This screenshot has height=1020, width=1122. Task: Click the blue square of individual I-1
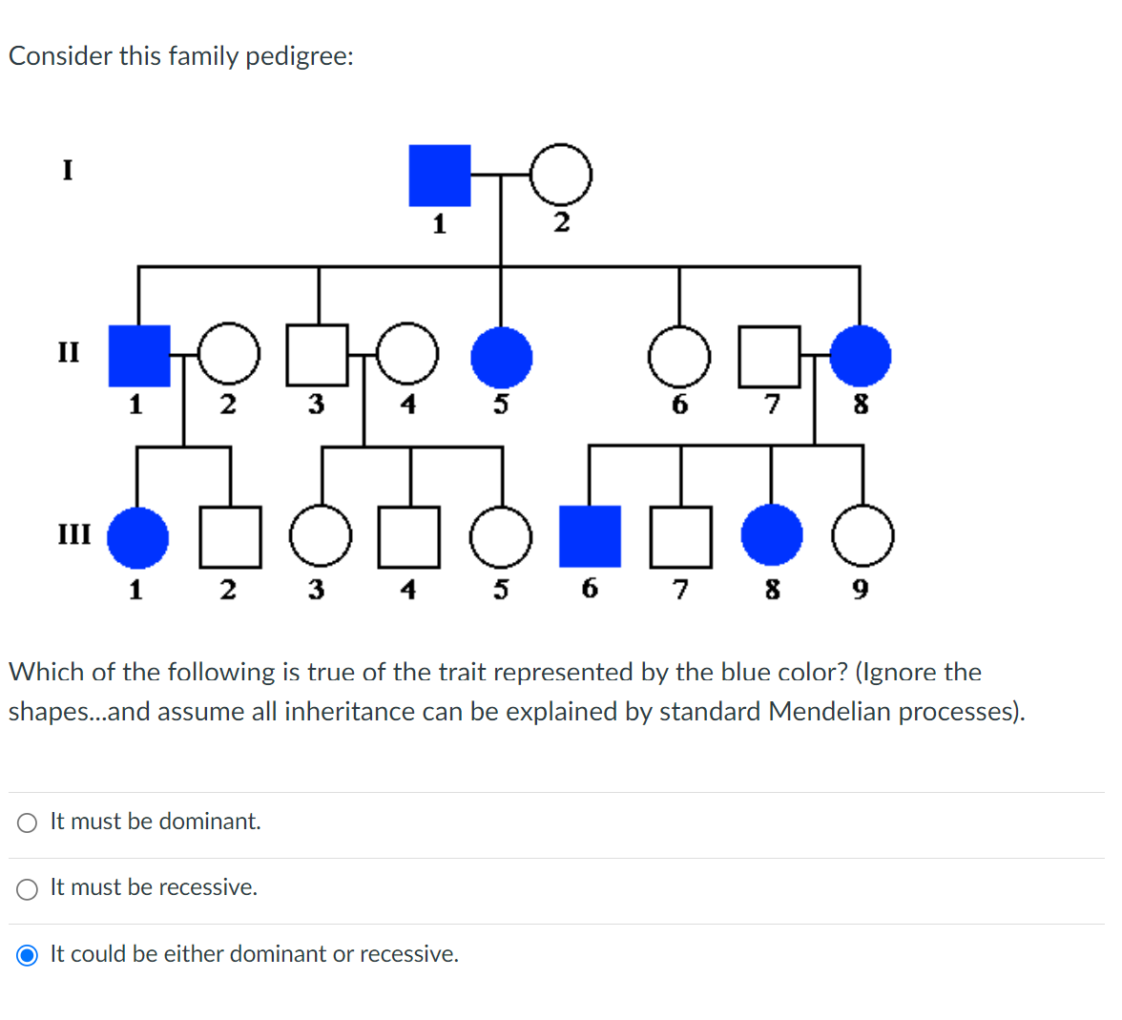click(x=439, y=176)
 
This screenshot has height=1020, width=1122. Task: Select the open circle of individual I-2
click(x=561, y=175)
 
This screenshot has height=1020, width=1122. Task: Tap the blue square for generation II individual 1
click(x=139, y=356)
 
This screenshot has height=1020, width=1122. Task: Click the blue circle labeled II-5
click(x=502, y=357)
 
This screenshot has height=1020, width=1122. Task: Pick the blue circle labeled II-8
click(x=860, y=356)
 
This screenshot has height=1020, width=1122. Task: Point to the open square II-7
click(x=769, y=357)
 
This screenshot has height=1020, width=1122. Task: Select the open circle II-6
click(x=679, y=357)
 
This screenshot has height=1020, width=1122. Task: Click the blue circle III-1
click(x=137, y=537)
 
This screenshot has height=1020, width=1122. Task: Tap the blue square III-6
click(x=590, y=536)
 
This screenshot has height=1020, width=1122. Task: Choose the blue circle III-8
click(x=772, y=535)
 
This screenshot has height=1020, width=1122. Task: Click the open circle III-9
click(x=862, y=536)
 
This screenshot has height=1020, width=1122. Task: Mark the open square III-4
click(x=409, y=536)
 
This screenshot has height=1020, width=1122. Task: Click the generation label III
click(x=74, y=533)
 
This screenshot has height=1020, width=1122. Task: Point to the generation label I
click(x=67, y=171)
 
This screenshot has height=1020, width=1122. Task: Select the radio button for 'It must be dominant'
click(x=28, y=822)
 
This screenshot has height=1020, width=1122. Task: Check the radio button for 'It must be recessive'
click(x=28, y=889)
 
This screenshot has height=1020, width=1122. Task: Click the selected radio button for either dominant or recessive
click(x=28, y=955)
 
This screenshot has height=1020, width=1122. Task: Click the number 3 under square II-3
click(x=316, y=405)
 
